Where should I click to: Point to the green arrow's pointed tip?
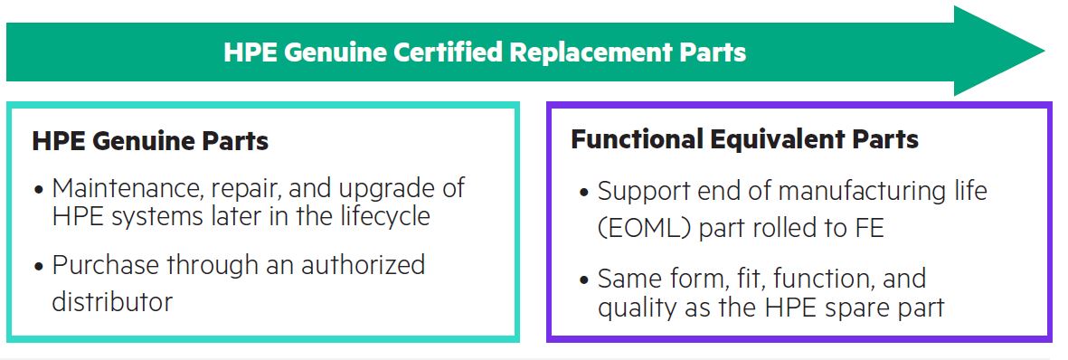[x=1044, y=51]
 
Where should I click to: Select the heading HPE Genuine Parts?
[x=150, y=141]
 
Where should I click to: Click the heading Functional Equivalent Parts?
[x=744, y=139]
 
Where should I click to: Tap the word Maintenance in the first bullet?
[x=132, y=187]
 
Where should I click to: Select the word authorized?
[x=363, y=264]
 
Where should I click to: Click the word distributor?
[x=112, y=301]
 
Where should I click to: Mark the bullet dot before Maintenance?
[x=39, y=189]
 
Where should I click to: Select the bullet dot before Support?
[x=583, y=193]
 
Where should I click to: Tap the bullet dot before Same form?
[x=583, y=280]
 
